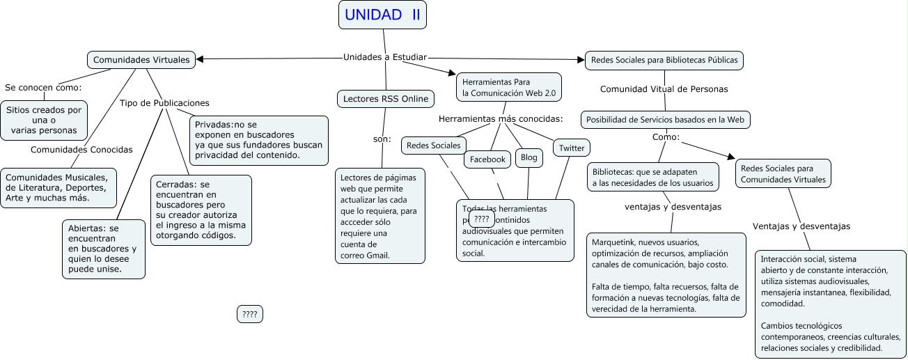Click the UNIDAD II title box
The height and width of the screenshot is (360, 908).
382,15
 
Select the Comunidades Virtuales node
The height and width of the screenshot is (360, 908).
141,60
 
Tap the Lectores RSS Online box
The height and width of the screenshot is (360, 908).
386,99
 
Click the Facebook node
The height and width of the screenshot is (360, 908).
487,159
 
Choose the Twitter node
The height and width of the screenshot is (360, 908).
572,148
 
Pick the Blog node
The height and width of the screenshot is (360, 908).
529,157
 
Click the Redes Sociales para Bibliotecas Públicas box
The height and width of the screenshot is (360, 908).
664,61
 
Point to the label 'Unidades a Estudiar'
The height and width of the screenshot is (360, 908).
385,56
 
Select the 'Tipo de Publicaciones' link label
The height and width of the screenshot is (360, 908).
164,103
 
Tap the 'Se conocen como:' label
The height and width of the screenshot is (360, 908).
43,88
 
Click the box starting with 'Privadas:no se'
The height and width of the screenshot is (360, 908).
258,140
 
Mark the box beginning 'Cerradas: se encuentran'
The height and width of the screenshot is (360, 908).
201,210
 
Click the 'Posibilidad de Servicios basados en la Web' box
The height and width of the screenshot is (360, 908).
666,120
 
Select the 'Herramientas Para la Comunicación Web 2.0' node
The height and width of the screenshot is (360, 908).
508,87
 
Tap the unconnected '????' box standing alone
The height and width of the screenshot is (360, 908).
250,315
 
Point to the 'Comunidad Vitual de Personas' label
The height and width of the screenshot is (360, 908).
664,89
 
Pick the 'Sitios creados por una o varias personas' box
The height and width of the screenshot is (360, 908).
45,120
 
